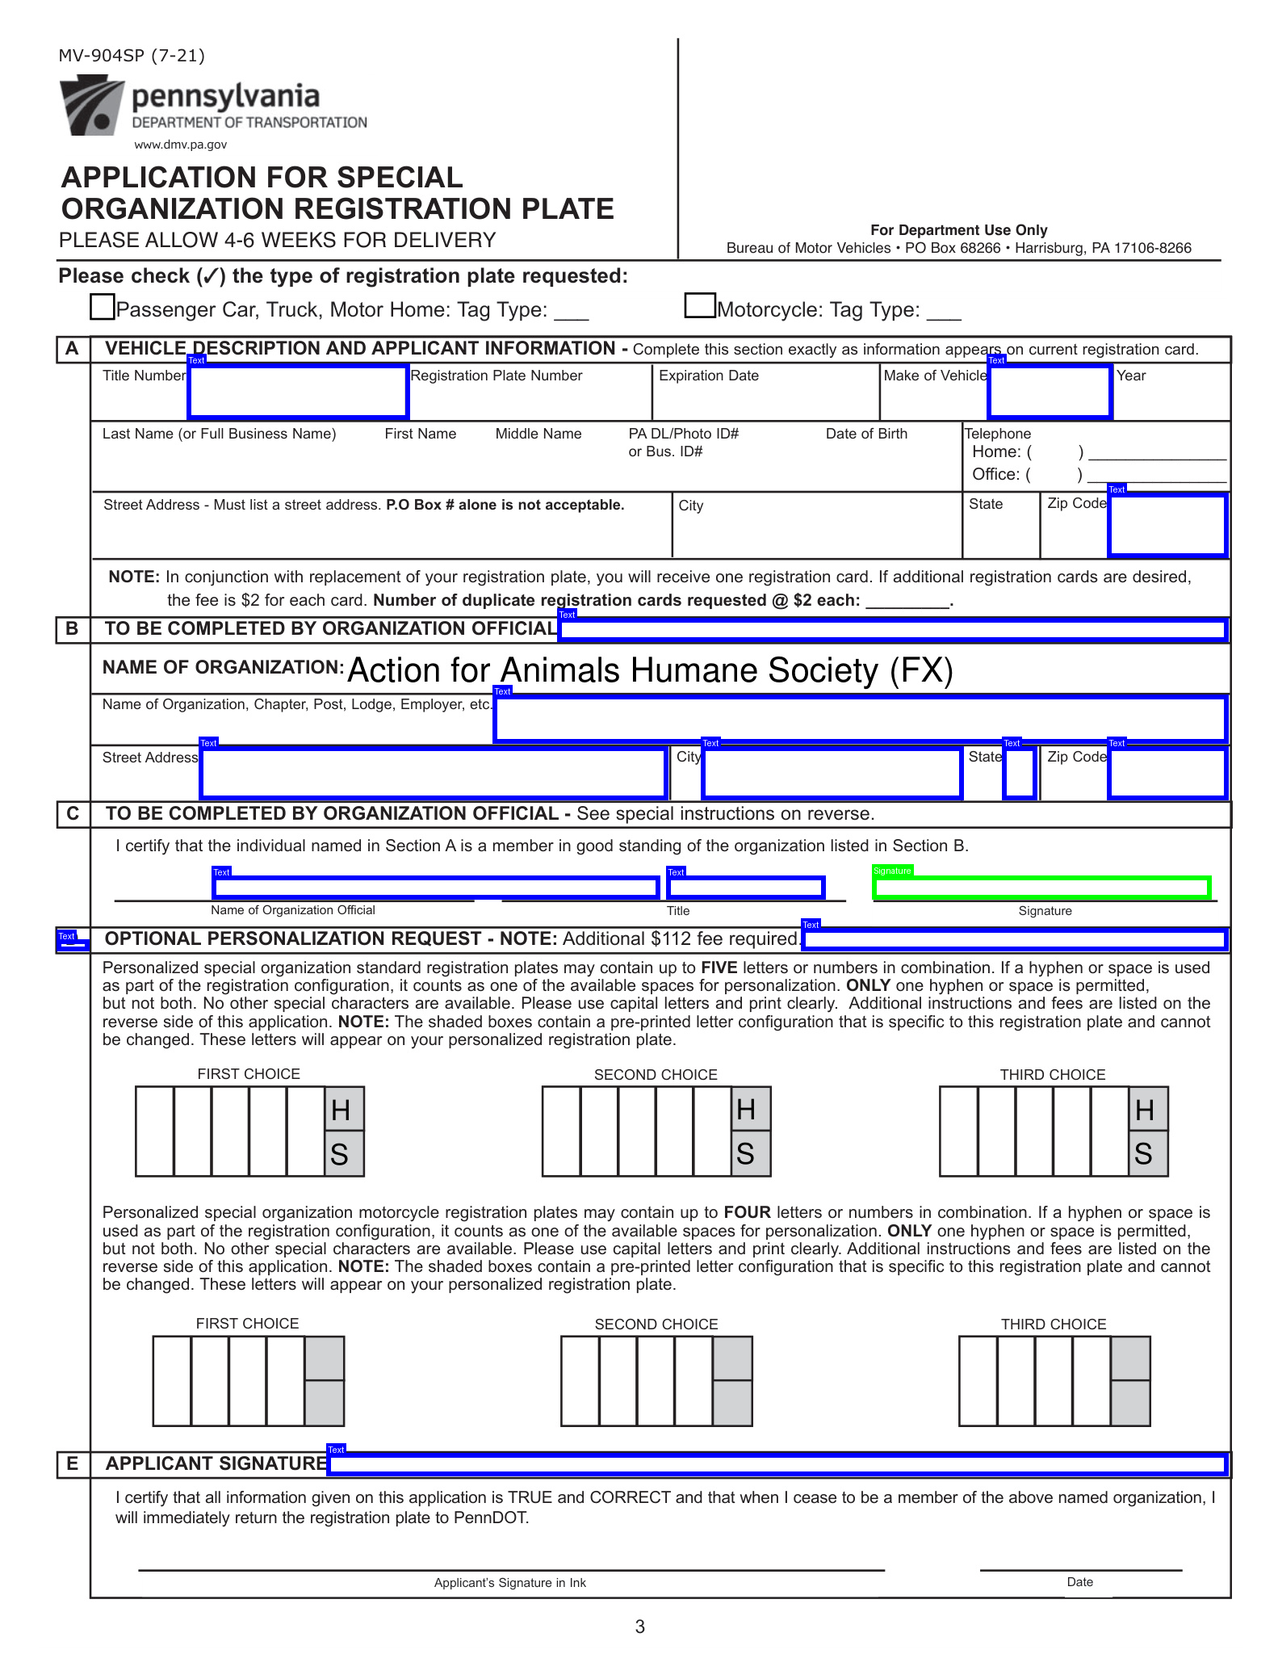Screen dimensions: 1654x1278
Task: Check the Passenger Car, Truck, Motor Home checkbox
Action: click(103, 308)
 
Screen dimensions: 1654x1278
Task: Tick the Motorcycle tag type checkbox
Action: click(699, 305)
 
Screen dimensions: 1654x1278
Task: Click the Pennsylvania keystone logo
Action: click(91, 105)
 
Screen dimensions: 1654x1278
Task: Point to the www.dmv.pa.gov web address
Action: click(180, 145)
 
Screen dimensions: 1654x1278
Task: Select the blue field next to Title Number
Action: click(298, 392)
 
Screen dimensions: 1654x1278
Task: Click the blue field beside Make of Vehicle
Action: click(1050, 392)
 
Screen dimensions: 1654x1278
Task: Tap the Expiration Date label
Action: click(708, 376)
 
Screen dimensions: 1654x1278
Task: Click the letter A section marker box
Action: click(73, 349)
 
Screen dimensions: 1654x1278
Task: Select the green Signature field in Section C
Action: click(1041, 888)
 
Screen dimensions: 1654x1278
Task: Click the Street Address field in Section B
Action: click(434, 773)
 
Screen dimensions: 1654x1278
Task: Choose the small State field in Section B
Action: click(1019, 773)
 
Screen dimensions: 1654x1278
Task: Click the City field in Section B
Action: click(832, 773)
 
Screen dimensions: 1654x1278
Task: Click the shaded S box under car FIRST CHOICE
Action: click(344, 1154)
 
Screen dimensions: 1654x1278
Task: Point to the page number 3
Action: click(640, 1627)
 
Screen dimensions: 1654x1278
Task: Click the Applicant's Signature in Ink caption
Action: click(510, 1583)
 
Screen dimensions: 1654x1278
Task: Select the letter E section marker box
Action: click(73, 1464)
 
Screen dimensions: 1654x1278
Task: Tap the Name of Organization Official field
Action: click(436, 888)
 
